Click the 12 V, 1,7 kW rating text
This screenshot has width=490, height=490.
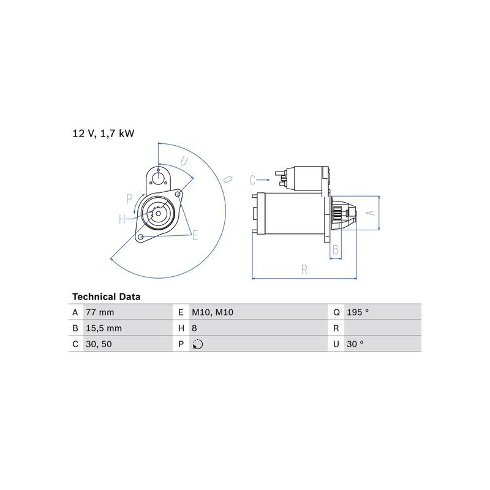tap(103, 134)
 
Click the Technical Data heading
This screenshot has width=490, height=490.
tap(106, 296)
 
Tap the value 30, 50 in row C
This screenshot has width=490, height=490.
tap(99, 344)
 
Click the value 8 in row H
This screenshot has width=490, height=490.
tap(194, 328)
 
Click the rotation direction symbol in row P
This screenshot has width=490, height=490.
tap(198, 344)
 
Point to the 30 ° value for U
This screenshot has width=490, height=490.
tap(355, 344)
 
